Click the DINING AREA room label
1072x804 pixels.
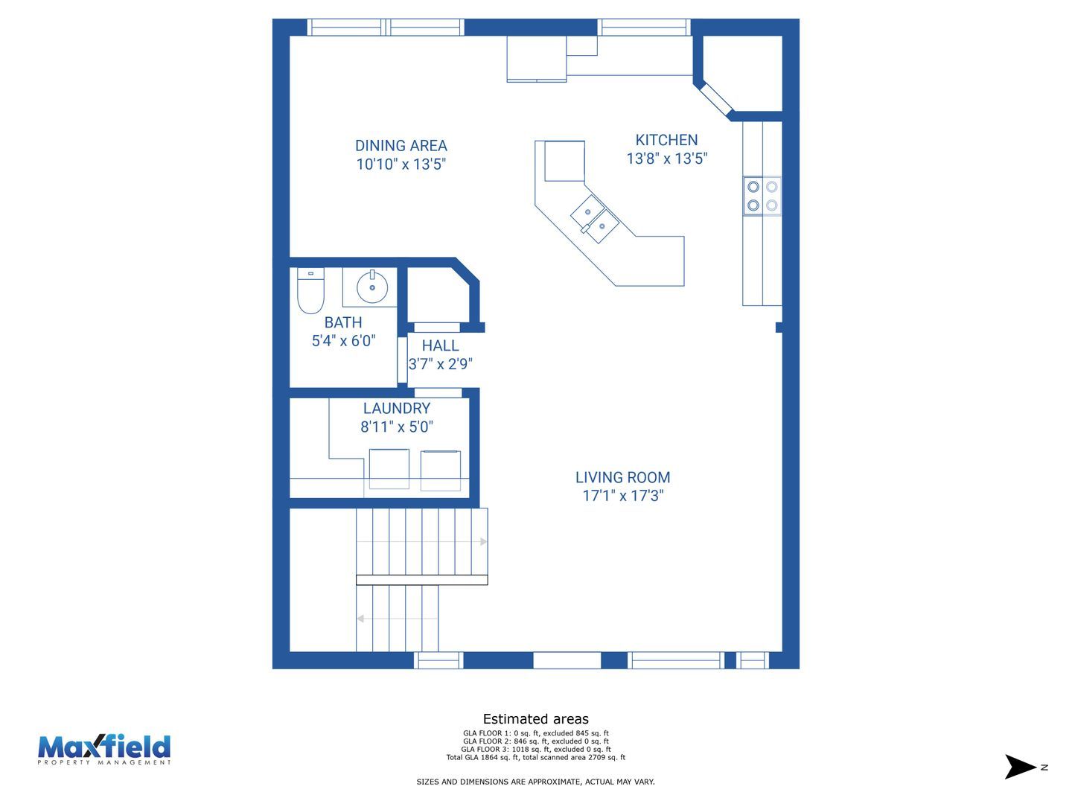pos(401,145)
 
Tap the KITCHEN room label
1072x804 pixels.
pos(666,140)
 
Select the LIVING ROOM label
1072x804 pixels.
pos(622,477)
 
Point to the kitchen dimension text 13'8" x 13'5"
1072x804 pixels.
pos(666,159)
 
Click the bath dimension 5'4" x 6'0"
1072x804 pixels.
pos(343,341)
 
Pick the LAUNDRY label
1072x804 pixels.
pos(397,408)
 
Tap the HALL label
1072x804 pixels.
pos(440,345)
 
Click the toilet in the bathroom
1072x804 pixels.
pos(310,290)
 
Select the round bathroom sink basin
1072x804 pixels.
pos(372,287)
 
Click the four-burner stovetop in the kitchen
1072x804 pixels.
pos(762,196)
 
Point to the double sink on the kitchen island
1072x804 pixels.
pos(595,219)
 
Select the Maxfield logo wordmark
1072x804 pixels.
pos(104,748)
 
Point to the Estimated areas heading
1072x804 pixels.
pos(536,719)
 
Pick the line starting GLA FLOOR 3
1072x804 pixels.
pos(536,750)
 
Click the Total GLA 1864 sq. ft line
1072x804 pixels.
pos(536,758)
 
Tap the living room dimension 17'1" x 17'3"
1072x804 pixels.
pos(622,496)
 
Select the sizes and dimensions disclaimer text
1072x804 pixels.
pos(536,782)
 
